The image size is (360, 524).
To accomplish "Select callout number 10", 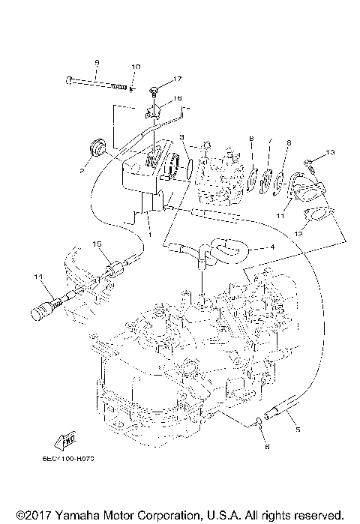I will (136, 67).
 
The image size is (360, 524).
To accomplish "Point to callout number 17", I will (177, 79).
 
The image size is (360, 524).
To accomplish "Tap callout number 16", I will (177, 98).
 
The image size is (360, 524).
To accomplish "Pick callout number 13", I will (330, 154).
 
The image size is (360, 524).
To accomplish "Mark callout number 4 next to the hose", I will (272, 247).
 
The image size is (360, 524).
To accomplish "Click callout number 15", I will (97, 244).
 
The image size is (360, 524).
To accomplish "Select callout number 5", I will (297, 430).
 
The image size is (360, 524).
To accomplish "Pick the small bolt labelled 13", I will (308, 163).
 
